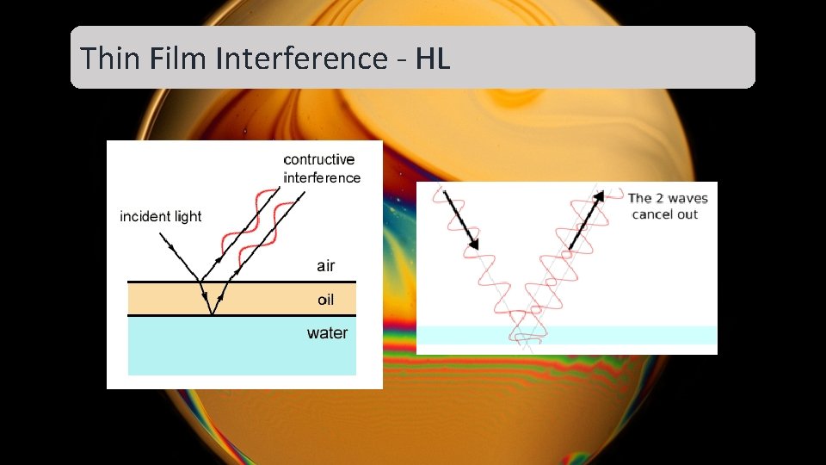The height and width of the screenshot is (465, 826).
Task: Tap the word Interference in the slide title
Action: tap(301, 59)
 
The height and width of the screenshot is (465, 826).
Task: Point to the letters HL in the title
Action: tap(433, 59)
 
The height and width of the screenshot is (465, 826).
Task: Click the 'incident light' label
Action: tap(160, 216)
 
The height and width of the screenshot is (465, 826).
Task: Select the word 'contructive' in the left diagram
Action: tap(318, 159)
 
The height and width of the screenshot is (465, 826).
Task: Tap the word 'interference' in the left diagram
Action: tap(322, 177)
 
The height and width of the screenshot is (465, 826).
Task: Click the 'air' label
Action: tap(325, 265)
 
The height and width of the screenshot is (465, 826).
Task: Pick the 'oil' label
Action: tap(325, 300)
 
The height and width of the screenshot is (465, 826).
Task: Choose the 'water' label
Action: tap(327, 332)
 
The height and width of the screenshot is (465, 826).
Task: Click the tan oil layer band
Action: tap(172, 299)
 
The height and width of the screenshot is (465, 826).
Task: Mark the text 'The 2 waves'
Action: tap(668, 198)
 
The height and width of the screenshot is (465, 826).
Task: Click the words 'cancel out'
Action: tap(664, 214)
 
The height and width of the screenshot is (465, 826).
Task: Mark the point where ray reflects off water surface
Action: tap(211, 315)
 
